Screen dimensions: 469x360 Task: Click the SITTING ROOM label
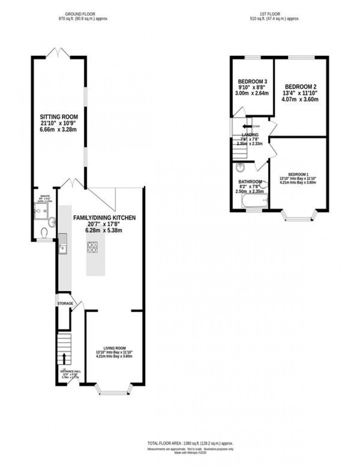tap(59, 117)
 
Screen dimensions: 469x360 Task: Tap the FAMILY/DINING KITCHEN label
tap(105, 218)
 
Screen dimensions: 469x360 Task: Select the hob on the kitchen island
tap(92, 247)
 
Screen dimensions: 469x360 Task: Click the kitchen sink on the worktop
tap(62, 244)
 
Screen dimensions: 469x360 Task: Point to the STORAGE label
tap(65, 303)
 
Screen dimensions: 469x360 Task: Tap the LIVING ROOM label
tap(114, 348)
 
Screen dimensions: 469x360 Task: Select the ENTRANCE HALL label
tap(71, 371)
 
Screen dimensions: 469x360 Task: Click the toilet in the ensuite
tap(44, 233)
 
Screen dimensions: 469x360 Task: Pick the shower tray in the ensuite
tap(42, 211)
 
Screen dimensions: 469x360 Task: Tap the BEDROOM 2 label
tap(300, 87)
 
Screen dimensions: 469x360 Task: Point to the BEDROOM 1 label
tap(298, 174)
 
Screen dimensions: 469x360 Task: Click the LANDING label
tap(250, 135)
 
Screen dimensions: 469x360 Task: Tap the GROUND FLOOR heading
tap(83, 14)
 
